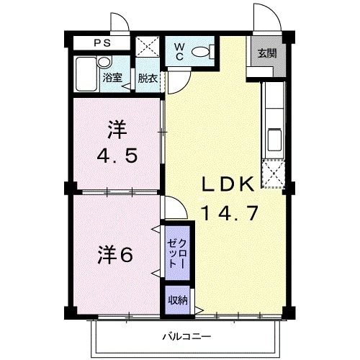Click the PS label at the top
tap(102, 42)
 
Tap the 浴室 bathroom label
tap(112, 77)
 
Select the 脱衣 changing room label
tap(148, 77)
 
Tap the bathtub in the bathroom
tap(87, 75)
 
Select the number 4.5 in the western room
tap(117, 155)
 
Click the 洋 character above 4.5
tap(117, 131)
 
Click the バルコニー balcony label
tap(186, 336)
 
